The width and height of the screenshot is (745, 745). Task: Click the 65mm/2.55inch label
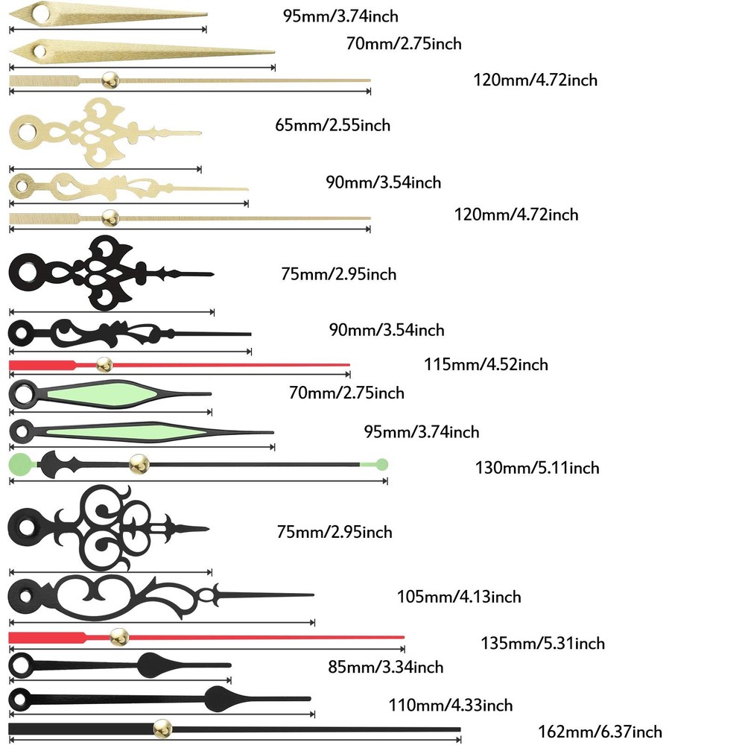click(332, 125)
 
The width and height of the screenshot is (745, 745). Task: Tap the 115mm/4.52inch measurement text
click(486, 364)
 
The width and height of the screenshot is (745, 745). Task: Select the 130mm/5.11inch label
click(537, 468)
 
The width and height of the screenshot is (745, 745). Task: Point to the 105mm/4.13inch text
click(459, 596)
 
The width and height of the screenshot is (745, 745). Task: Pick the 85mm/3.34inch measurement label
click(386, 667)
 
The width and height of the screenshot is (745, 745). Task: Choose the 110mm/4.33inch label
click(451, 705)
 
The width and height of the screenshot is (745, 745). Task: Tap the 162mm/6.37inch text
click(600, 732)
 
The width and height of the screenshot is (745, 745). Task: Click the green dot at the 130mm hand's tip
click(382, 464)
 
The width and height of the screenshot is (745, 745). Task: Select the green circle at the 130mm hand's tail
click(20, 464)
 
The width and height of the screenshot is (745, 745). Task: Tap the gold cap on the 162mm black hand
click(160, 729)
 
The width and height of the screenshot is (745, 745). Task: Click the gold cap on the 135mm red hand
click(118, 637)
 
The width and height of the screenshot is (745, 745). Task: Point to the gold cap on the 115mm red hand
click(104, 364)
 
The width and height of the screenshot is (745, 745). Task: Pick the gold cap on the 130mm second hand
click(139, 464)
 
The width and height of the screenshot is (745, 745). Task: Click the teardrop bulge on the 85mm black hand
click(153, 664)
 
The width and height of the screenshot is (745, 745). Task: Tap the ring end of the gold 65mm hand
click(25, 133)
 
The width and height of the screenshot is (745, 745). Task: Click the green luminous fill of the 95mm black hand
click(112, 431)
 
